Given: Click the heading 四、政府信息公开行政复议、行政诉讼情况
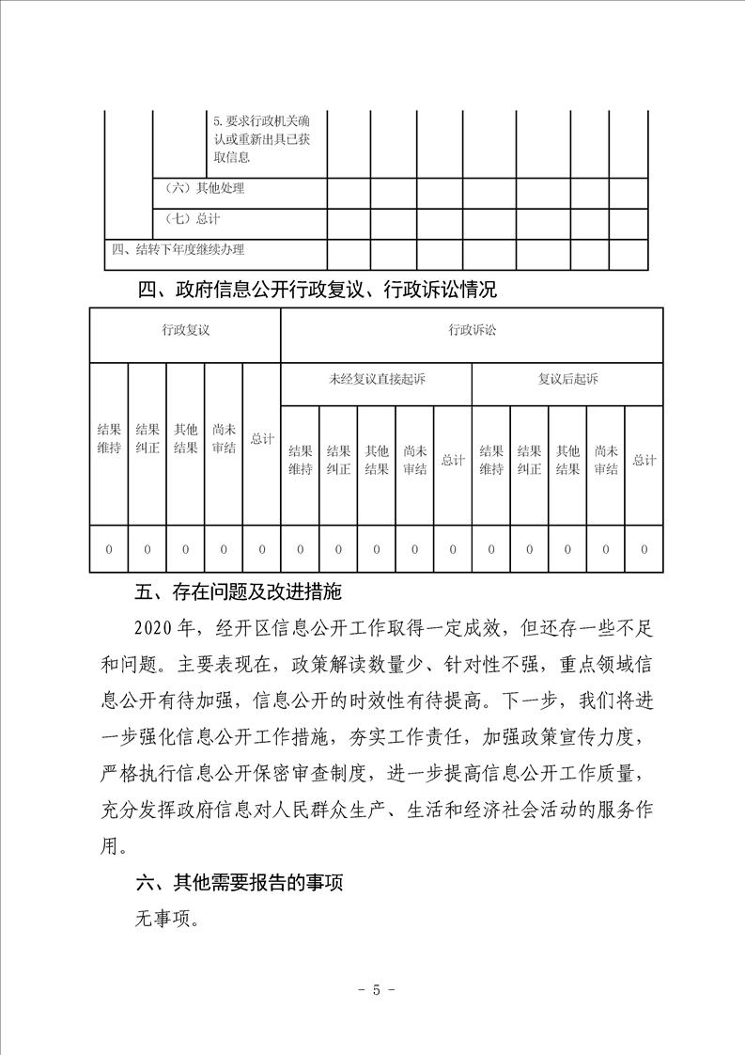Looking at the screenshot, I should tap(317, 290).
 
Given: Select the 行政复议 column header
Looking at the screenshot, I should tap(184, 330).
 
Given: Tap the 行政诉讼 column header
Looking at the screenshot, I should tap(472, 330).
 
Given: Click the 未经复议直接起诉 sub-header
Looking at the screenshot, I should tap(376, 379).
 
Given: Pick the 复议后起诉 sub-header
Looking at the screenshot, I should tap(567, 379).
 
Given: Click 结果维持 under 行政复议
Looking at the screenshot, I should tap(109, 439).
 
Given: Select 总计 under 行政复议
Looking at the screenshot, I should tap(262, 439).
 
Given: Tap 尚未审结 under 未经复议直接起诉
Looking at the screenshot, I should tap(414, 460).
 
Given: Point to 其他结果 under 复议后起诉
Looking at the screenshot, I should tap(567, 460).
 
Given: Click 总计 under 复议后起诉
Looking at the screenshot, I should tap(644, 460).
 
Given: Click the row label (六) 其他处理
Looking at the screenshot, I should tap(204, 188).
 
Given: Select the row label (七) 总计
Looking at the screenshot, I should tap(192, 219).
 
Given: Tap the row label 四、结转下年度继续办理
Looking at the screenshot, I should tap(178, 249).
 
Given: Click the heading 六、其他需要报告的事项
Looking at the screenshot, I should tap(240, 883).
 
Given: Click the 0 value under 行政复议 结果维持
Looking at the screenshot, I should tap(109, 549).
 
